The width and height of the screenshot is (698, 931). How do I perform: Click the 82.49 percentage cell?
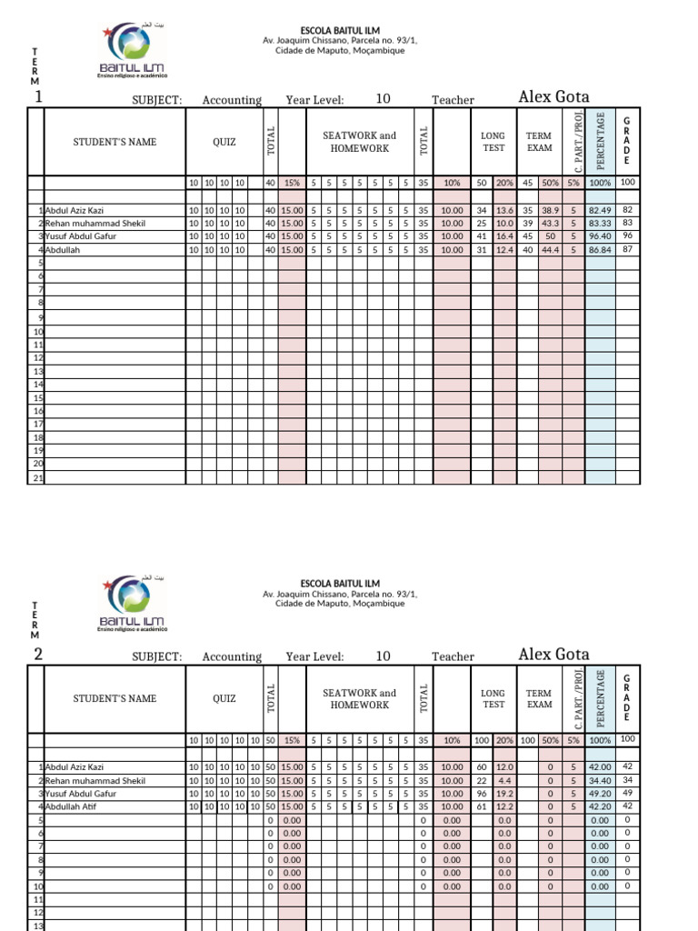coord(600,210)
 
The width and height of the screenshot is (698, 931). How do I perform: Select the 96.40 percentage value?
coord(600,236)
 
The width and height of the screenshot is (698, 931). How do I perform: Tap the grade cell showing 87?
coord(627,249)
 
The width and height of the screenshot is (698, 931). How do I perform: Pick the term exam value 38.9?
coord(551,210)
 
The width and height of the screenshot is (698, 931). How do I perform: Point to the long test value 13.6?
coord(504,210)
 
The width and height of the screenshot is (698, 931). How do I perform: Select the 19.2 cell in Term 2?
coord(504,794)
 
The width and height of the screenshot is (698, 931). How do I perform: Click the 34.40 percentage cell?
coord(600,781)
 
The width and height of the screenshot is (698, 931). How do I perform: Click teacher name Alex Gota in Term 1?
coord(553,97)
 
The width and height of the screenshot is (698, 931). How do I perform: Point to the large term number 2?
coord(38,655)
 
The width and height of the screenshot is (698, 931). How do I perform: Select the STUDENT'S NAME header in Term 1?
coord(115,142)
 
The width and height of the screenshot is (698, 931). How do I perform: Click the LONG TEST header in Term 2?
coord(494,698)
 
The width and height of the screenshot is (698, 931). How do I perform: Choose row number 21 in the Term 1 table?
coord(38,477)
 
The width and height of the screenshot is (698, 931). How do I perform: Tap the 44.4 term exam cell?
coord(551,249)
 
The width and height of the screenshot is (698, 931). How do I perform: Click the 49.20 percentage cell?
coord(600,794)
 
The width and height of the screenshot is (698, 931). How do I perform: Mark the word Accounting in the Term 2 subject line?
coord(232,657)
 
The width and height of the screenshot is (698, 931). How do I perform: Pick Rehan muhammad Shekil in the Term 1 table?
coord(95,224)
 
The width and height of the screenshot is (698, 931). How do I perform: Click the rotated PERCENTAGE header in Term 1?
coord(600,140)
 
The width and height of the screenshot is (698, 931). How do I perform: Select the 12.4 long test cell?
coord(504,249)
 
